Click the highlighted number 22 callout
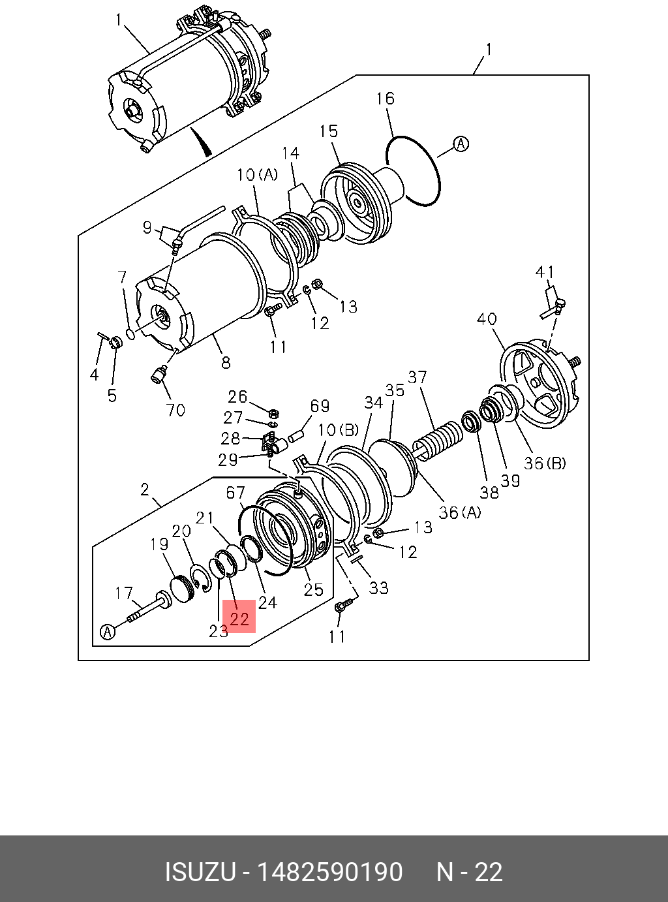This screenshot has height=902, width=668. point(239,617)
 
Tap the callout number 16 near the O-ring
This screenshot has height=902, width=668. point(385,99)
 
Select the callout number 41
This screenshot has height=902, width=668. point(545,272)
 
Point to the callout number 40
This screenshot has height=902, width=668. point(487,319)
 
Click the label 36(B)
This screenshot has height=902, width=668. point(545,463)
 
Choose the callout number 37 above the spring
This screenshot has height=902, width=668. point(417,377)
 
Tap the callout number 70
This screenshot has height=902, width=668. point(175,410)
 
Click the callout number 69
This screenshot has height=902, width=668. point(320,406)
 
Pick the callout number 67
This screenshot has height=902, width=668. point(235,493)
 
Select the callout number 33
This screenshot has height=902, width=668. point(378,587)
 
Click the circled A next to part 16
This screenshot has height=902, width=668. point(461,144)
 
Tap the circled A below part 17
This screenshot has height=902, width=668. point(108,631)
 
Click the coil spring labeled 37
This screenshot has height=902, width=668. point(440,437)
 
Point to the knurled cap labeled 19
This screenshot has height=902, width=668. point(181,587)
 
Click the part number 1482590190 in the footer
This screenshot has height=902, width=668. point(331,872)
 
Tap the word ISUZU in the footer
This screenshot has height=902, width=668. point(200,872)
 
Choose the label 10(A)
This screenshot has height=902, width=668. point(257,174)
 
